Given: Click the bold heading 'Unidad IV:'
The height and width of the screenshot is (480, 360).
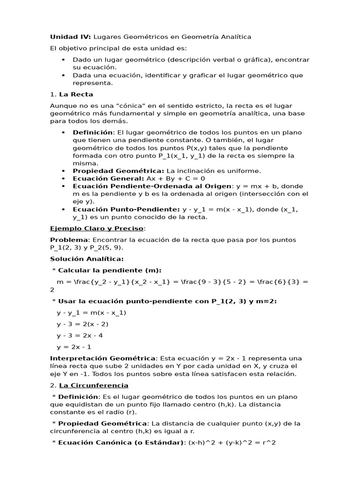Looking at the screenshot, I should (x=70, y=37).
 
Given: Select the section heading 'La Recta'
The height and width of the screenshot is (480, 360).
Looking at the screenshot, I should (x=76, y=94).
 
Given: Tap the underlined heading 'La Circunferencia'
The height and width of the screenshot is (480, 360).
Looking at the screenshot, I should (x=94, y=385).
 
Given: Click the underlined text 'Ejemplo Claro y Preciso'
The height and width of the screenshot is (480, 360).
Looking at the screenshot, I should (x=97, y=228).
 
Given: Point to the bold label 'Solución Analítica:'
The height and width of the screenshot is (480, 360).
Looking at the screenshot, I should (x=87, y=259).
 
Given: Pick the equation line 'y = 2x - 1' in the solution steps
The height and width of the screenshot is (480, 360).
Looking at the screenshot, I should (x=74, y=347).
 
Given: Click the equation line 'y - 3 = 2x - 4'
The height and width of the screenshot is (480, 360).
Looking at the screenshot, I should (x=81, y=336).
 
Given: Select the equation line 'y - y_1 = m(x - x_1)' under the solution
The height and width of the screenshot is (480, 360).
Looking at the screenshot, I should (x=91, y=313).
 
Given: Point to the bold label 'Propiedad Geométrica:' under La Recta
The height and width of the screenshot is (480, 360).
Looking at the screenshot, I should (x=118, y=171).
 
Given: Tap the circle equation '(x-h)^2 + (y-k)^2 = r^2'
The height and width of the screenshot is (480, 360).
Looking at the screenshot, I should (x=232, y=442).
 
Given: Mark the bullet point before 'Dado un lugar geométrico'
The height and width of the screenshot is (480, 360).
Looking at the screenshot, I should (x=63, y=60).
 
